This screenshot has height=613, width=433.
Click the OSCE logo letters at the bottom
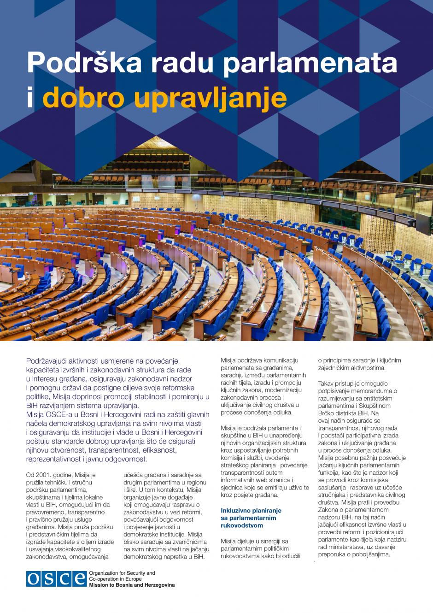pos(56,579)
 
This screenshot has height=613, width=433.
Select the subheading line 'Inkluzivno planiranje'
pos(251,511)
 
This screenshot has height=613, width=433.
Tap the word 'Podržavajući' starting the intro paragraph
pos(48,361)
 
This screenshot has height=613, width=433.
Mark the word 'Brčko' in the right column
pos(327,413)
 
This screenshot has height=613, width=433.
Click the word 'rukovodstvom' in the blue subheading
pos(242,525)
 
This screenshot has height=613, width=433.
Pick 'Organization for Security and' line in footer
pos(122,573)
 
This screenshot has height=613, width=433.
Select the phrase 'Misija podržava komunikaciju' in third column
pos(259,360)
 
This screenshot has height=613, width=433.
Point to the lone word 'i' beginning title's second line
pos(30,98)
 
